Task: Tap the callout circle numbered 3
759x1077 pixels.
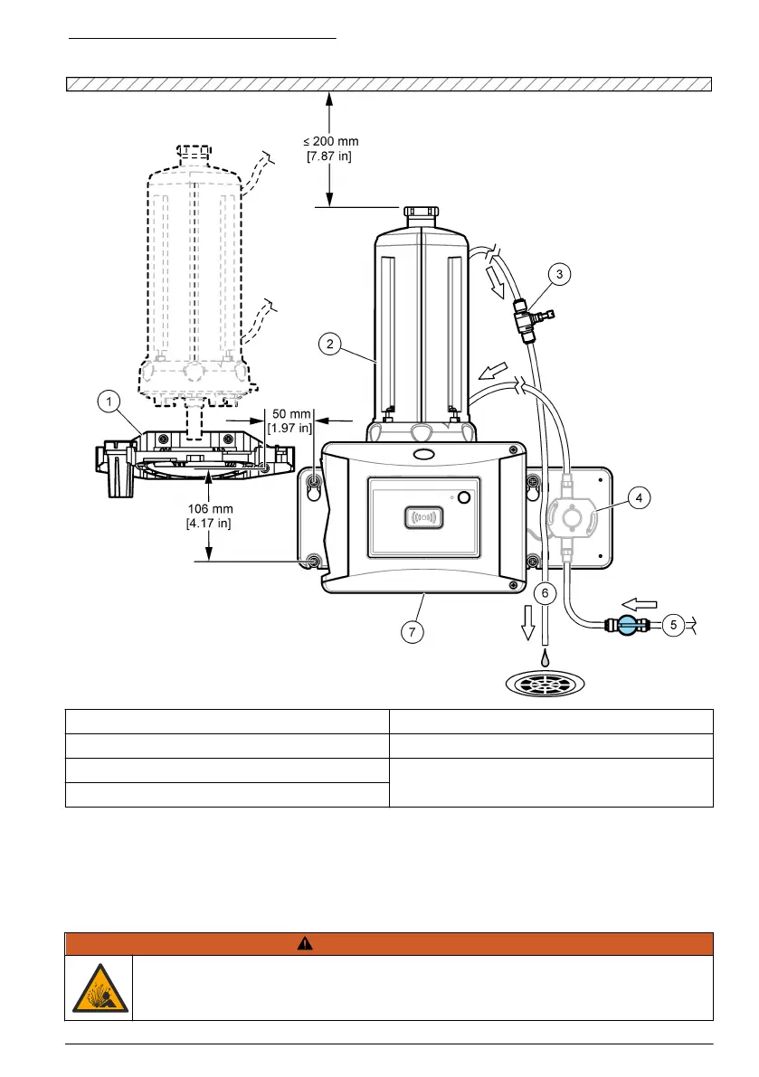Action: (560, 274)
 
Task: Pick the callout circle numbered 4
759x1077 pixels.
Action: (639, 496)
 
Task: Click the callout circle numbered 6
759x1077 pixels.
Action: (544, 592)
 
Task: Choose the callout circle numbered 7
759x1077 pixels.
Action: (412, 632)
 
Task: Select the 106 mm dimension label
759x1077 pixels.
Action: (209, 515)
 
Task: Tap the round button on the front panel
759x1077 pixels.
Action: (463, 498)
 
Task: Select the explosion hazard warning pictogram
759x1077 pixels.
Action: (99, 988)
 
